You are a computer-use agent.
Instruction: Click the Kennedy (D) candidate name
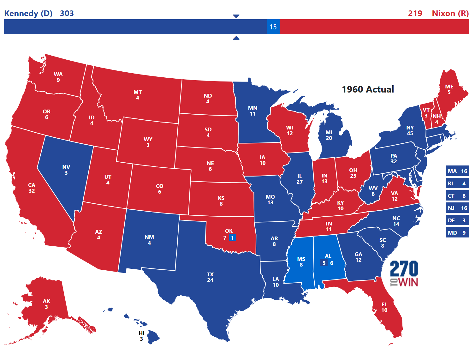28,13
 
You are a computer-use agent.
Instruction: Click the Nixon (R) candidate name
450,13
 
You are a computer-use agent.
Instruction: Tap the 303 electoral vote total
67,13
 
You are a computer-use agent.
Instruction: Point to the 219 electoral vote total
415,13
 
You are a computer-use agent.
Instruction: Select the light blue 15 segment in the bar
273,27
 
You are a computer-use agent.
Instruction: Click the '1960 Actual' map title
368,89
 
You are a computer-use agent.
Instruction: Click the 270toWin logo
404,273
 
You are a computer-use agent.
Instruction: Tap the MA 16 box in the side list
457,171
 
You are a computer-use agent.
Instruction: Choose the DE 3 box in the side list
457,220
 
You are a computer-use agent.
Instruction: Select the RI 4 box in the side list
457,183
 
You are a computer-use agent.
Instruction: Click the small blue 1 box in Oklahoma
232,238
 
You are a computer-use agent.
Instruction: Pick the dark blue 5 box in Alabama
324,263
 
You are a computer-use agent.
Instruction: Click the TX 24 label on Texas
210,277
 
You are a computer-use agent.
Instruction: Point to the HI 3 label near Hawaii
141,336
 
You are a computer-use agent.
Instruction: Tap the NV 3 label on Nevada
66,170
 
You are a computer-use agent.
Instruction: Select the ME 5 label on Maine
449,89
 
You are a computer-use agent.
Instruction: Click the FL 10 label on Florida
384,307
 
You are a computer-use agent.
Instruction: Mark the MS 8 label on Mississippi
301,262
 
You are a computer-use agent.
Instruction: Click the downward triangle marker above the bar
236,16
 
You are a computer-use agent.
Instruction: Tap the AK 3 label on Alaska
46,304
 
